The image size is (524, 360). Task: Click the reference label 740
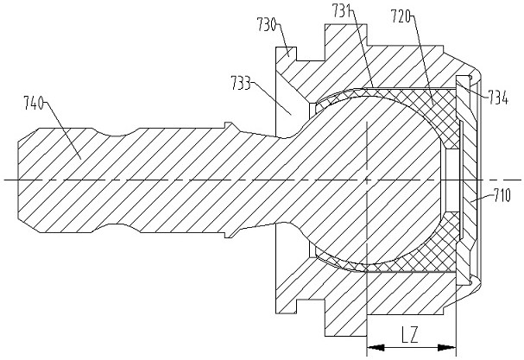click(34, 102)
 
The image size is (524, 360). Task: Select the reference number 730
click(267, 24)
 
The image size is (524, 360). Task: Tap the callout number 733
click(241, 83)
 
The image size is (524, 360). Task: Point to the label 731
click(342, 10)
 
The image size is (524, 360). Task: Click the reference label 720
click(401, 16)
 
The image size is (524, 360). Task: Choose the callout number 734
click(498, 98)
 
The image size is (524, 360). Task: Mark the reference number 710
click(501, 196)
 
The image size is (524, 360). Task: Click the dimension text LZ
click(410, 335)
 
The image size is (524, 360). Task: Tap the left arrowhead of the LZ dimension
click(376, 348)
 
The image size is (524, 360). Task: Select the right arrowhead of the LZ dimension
click(447, 348)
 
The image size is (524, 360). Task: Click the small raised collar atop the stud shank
click(229, 124)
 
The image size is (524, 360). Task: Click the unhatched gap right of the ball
click(451, 180)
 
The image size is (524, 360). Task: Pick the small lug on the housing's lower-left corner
click(286, 306)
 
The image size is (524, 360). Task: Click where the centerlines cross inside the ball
click(367, 180)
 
